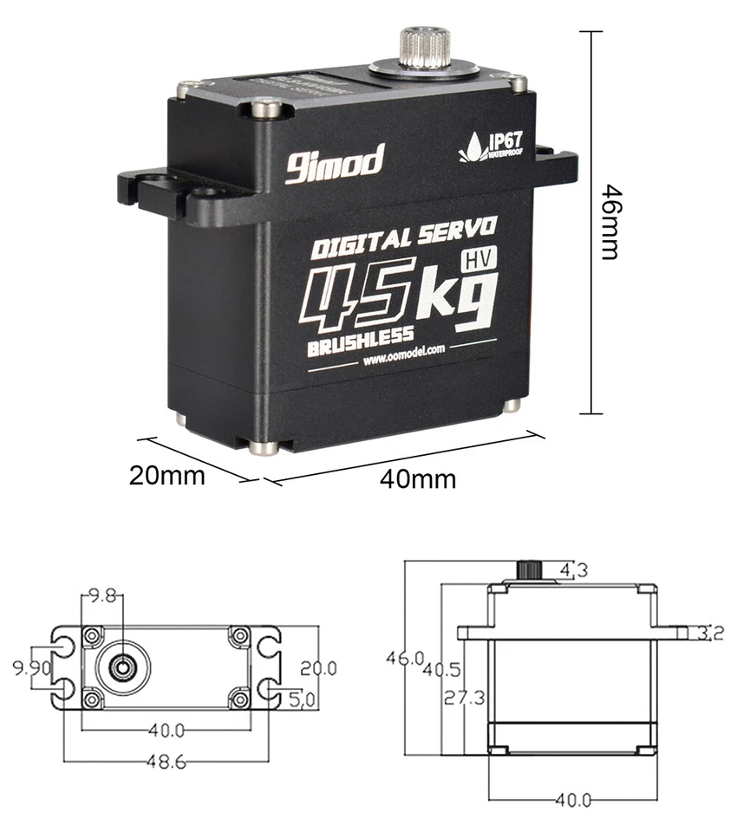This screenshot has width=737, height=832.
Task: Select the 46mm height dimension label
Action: pyautogui.click(x=612, y=222)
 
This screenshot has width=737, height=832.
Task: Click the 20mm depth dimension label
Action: pyautogui.click(x=166, y=475)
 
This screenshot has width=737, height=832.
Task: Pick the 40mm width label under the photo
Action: pyautogui.click(x=417, y=478)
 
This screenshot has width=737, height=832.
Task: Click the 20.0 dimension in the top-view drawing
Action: pyautogui.click(x=318, y=668)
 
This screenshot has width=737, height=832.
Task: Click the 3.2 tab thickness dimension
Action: pyautogui.click(x=710, y=634)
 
